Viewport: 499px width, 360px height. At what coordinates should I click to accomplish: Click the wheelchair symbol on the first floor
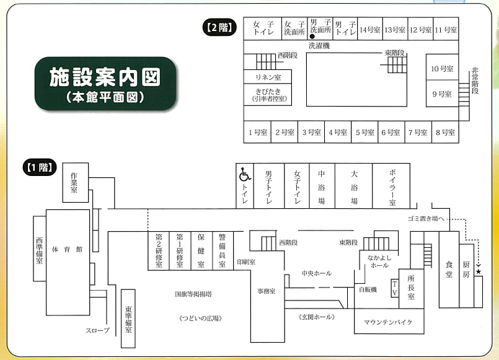pos(245,175)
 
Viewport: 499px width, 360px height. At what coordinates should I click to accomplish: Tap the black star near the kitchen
pos(479,271)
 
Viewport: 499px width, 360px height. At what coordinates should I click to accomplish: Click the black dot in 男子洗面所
pos(312,37)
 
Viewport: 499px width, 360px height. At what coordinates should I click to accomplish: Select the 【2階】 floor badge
pos(219,28)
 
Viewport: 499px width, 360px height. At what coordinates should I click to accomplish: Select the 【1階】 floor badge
pos(40,167)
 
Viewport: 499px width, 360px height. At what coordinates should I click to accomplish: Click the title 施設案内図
pos(105,77)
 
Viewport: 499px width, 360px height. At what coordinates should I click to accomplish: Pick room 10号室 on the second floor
pos(442,67)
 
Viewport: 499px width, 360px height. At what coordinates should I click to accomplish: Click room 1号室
pos(257,132)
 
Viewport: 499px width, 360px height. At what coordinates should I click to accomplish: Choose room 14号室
pos(370,29)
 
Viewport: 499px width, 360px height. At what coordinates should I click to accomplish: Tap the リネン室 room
pos(268,77)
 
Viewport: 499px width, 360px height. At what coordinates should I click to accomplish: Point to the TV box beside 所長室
pos(395,288)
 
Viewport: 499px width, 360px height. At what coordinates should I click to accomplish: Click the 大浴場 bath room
pos(353,186)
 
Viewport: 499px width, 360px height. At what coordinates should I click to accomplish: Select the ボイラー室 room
pos(391,186)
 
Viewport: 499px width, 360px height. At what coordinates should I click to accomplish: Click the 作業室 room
pos(76,183)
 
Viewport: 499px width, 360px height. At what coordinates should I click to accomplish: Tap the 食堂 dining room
pos(449,270)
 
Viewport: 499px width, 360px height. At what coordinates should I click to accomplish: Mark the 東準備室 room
pos(128,318)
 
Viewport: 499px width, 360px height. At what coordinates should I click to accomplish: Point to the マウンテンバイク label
pos(388,322)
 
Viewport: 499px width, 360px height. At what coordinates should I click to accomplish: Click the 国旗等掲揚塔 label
pos(193,294)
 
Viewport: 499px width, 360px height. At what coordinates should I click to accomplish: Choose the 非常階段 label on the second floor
pos(475,81)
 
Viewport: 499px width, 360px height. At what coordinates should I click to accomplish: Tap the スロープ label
pos(97,330)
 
